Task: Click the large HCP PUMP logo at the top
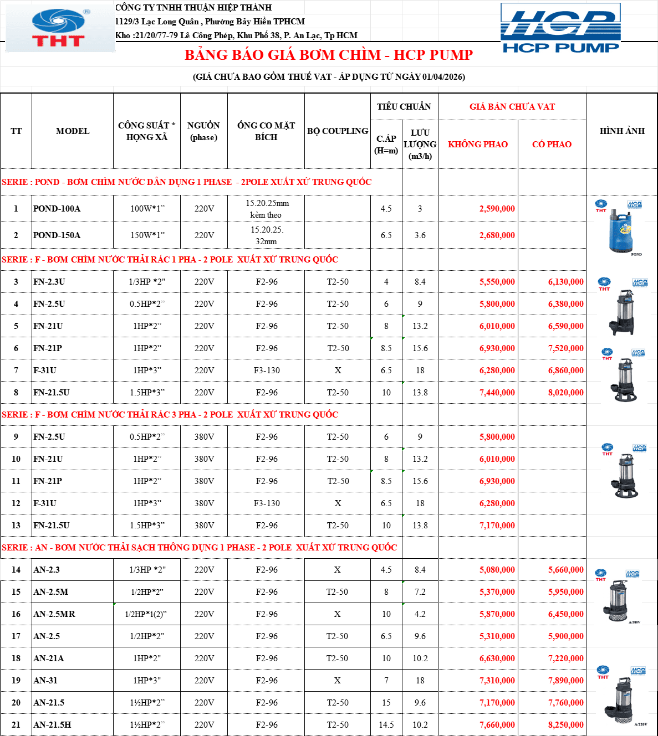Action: click(x=560, y=28)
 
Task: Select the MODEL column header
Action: click(x=73, y=131)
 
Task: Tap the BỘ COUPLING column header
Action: click(x=338, y=131)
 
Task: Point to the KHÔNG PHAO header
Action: click(x=478, y=144)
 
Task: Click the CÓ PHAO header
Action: click(x=552, y=144)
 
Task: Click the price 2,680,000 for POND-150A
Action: click(x=497, y=235)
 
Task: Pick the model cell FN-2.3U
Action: click(x=49, y=281)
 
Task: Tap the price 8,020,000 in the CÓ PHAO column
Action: click(x=565, y=392)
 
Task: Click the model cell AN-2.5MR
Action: click(x=54, y=614)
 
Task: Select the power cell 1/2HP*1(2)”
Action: click(x=146, y=614)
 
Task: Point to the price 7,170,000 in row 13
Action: click(x=497, y=526)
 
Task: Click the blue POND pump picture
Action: click(x=620, y=229)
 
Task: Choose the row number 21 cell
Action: click(x=16, y=725)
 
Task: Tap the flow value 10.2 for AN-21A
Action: click(x=420, y=658)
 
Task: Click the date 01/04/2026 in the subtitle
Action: click(x=443, y=76)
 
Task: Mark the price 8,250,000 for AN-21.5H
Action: click(x=565, y=725)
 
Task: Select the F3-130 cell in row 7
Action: click(x=267, y=370)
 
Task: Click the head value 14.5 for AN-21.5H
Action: click(x=386, y=725)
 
